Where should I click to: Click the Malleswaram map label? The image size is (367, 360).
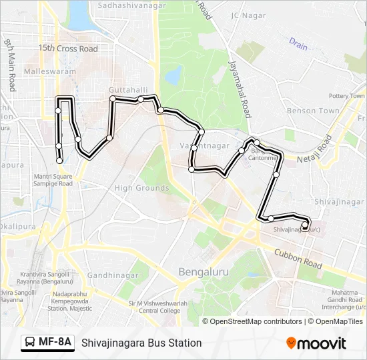click(x=47, y=71)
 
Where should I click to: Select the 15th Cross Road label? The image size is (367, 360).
click(x=67, y=49)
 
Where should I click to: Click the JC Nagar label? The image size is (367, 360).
click(x=248, y=15)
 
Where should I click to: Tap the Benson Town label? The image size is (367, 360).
click(x=313, y=111)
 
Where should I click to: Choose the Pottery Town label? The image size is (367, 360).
click(x=346, y=96)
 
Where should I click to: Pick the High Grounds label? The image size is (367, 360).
click(x=141, y=188)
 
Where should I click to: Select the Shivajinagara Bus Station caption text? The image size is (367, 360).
click(x=141, y=343)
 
